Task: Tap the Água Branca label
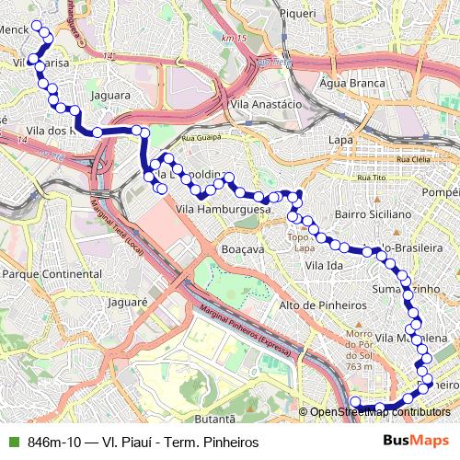pos(340,83)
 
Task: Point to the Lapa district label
pos(341,140)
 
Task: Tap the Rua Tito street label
pos(371,176)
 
